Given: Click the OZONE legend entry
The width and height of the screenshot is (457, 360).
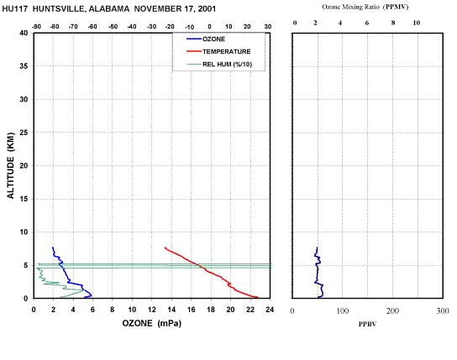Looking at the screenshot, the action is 206,39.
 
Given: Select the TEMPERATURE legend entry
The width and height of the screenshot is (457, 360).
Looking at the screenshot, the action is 218,51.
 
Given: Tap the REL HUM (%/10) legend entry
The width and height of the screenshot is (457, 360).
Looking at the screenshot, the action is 219,65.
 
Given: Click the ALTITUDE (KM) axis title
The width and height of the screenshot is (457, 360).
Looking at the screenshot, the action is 11,165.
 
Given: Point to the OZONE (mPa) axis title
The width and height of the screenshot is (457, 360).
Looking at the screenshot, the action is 151,323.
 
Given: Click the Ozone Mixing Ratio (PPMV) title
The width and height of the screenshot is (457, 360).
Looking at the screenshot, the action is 365,7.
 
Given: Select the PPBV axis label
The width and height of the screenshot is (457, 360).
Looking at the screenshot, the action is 367,324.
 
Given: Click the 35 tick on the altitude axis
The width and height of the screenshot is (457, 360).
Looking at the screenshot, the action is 24,66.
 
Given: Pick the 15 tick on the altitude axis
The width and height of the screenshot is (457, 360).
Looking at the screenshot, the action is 24,199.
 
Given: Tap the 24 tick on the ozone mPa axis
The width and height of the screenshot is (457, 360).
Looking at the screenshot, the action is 270,310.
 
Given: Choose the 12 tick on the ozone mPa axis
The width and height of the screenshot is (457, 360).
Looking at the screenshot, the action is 151,310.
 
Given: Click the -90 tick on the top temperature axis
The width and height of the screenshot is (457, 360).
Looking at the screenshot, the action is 36,27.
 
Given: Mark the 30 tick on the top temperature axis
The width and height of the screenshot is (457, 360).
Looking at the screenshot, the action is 268,27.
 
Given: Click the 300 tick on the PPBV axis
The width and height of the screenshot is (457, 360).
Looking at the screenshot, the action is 443,311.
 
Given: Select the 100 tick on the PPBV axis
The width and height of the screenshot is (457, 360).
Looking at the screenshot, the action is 343,311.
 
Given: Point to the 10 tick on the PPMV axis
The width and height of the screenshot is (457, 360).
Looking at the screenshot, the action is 417,23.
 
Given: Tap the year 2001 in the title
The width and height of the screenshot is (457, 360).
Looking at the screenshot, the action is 207,9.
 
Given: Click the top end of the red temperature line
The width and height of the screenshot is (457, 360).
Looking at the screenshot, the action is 165,248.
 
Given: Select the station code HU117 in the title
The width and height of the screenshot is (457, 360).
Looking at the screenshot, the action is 15,9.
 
